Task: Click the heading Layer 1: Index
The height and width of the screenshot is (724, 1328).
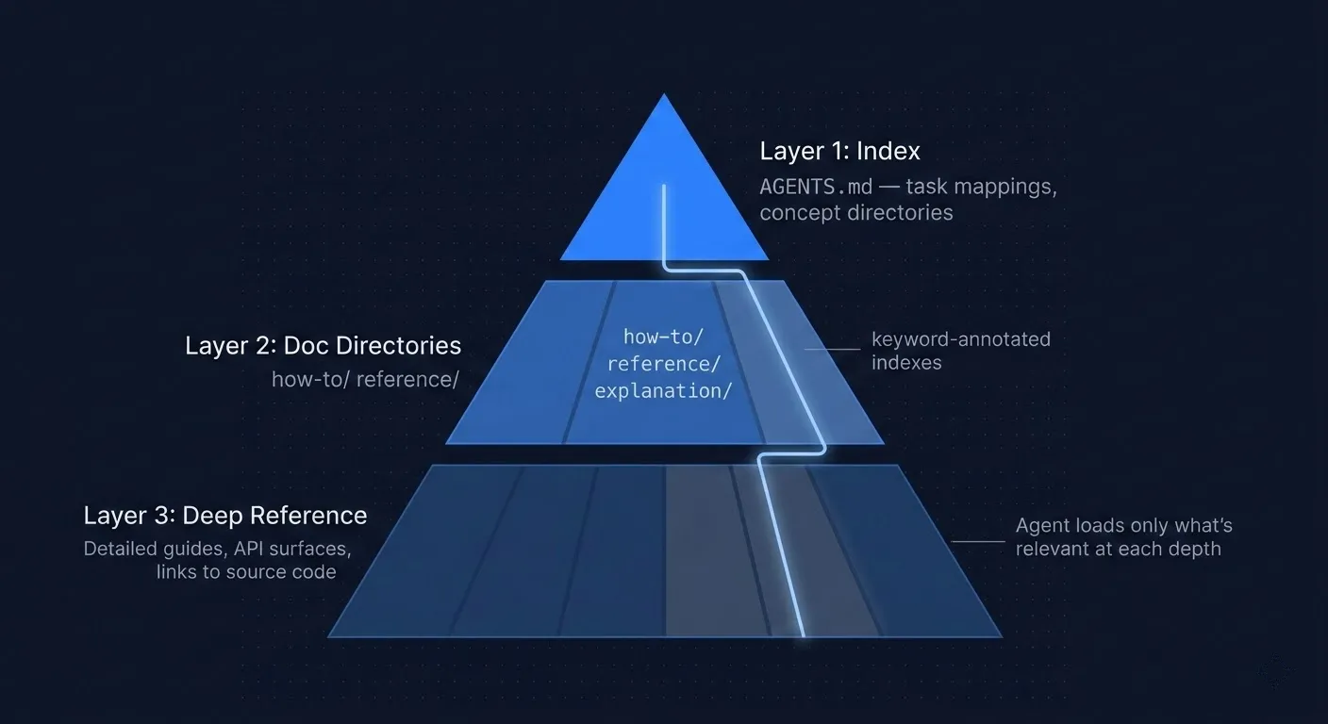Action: tap(839, 151)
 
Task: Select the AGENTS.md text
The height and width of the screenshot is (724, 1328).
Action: tap(816, 187)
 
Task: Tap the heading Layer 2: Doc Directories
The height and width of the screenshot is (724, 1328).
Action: tap(323, 346)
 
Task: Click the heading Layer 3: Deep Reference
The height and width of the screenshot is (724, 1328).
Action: tap(225, 516)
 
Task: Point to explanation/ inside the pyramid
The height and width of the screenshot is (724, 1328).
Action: tap(663, 390)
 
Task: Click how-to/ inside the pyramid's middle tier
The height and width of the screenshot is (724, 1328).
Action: tap(663, 337)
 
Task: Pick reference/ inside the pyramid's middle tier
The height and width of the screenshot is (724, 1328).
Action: tap(663, 364)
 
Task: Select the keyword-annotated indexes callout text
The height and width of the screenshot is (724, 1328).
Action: tap(960, 351)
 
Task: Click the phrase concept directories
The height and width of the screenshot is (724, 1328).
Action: tap(855, 213)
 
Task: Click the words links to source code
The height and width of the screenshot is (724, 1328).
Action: tap(246, 572)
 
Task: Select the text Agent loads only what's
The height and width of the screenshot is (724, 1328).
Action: tap(1123, 525)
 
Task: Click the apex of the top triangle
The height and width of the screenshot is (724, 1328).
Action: tap(664, 96)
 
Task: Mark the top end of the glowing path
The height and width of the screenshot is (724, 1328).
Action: tap(664, 187)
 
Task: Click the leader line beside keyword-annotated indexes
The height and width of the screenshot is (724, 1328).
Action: tap(834, 349)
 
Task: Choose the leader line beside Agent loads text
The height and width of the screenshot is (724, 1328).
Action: tap(979, 541)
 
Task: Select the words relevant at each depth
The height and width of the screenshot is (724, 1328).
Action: tap(1118, 549)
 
